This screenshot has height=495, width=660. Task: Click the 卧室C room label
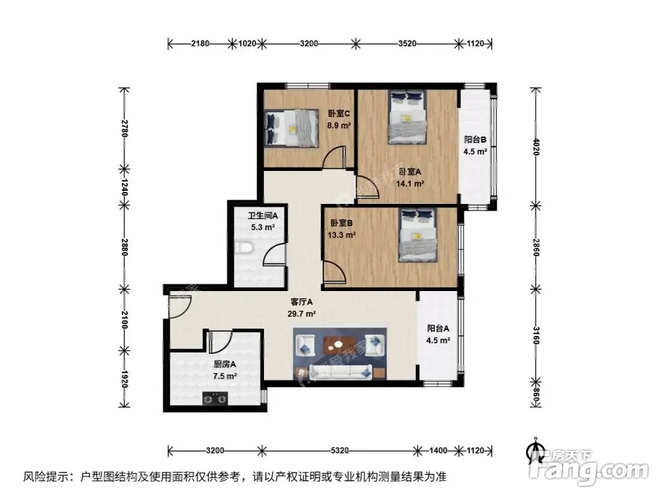click(x=340, y=113)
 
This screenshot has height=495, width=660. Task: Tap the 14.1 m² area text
click(x=410, y=185)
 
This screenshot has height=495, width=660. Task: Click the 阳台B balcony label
click(x=475, y=139)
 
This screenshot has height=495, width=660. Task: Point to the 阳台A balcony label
click(x=438, y=328)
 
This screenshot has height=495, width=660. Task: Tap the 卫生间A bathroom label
click(x=263, y=216)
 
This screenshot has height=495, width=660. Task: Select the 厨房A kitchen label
click(x=224, y=364)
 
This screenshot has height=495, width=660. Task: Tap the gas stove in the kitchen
click(x=214, y=397)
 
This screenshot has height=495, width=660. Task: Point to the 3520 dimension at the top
click(x=407, y=44)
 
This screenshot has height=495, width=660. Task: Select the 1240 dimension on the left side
click(x=123, y=186)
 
